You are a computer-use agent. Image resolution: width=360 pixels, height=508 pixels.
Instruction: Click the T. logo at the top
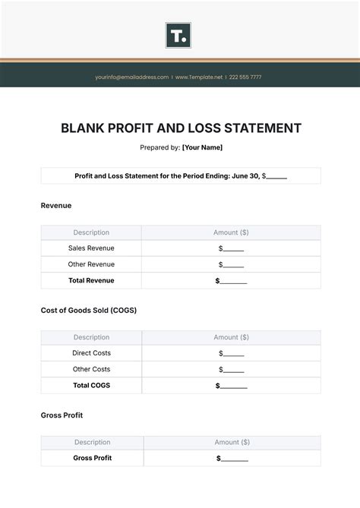[178, 36]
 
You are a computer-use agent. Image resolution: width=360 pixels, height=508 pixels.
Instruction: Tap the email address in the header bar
[131, 77]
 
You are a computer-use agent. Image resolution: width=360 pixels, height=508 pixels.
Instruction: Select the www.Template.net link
[200, 77]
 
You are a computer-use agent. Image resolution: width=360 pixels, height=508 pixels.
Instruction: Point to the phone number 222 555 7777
[245, 77]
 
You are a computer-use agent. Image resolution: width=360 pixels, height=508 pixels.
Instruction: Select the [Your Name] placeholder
[202, 147]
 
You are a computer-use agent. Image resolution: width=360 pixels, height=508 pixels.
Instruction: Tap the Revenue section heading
[56, 205]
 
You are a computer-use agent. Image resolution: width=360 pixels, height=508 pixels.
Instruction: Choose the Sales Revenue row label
[91, 248]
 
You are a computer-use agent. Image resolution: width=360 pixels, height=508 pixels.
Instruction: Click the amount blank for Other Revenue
[232, 264]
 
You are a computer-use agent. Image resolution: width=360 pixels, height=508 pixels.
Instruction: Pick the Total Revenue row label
[91, 280]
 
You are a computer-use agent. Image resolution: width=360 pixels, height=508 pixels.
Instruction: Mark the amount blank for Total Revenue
[232, 280]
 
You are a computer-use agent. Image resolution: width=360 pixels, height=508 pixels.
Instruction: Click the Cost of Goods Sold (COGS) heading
[88, 310]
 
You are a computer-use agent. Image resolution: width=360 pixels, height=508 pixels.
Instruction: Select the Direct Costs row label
[91, 353]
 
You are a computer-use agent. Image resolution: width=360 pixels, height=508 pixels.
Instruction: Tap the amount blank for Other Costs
[232, 369]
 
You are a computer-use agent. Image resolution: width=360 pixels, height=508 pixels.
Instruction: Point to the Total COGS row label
[91, 385]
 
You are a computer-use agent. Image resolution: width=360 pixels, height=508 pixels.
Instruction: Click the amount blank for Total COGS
[232, 385]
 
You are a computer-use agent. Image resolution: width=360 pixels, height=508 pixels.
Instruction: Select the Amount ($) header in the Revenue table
[231, 232]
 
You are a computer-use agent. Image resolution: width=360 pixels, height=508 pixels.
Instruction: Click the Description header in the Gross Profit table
[92, 442]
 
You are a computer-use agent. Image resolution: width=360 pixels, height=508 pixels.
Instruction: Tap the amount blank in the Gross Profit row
[232, 458]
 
